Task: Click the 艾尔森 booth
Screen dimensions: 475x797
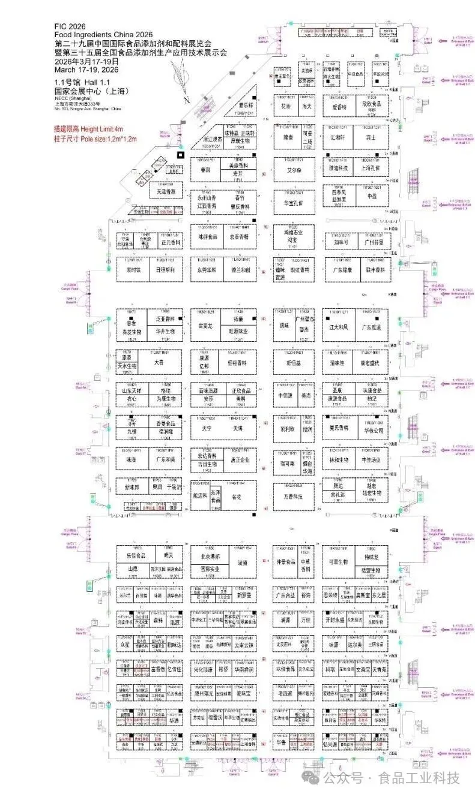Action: click(293, 170)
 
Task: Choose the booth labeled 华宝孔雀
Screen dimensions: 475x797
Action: click(293, 203)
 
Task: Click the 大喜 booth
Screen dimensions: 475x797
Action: click(159, 363)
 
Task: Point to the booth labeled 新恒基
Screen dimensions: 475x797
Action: click(293, 363)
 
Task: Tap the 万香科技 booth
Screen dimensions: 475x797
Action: click(293, 497)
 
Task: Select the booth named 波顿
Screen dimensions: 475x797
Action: click(242, 563)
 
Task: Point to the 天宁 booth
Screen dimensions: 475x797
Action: click(207, 429)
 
